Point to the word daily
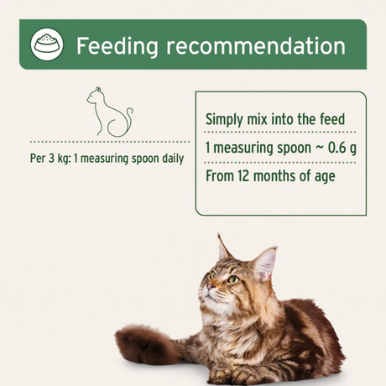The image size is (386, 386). point(169,158)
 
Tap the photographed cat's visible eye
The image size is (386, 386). point(232,279)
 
